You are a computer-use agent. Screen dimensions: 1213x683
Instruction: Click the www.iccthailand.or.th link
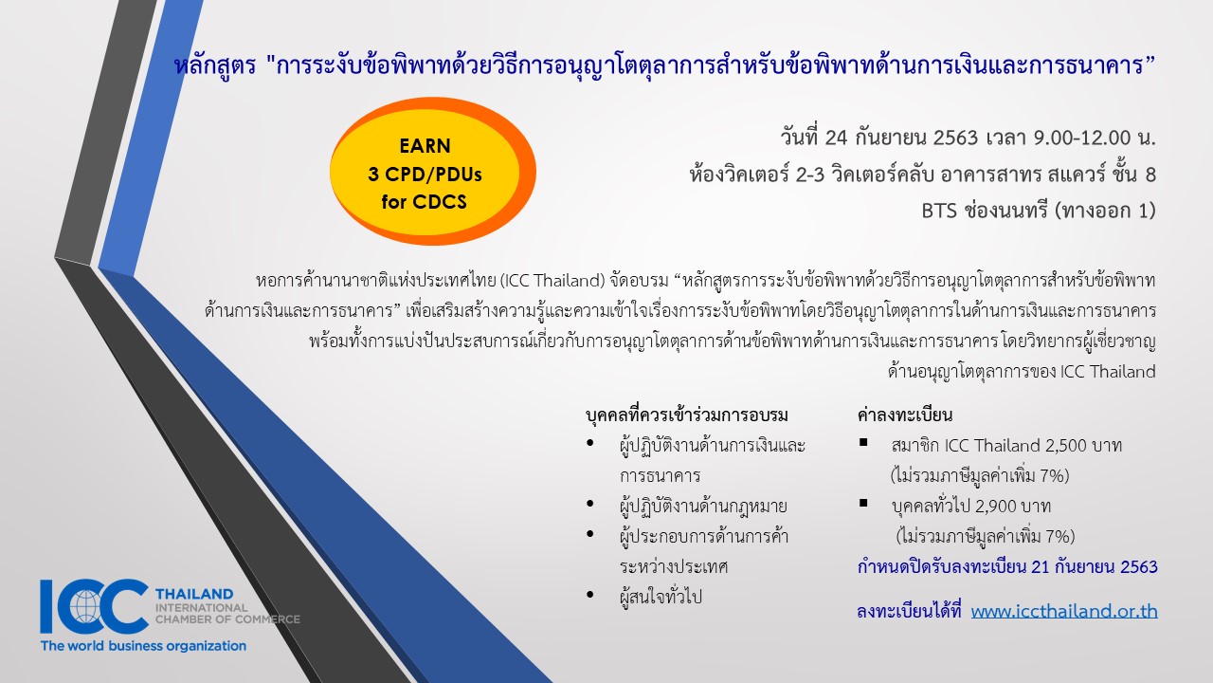point(1064,612)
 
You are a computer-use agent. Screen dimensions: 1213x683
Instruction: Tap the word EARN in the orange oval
point(425,146)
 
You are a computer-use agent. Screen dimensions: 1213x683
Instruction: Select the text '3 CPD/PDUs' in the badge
point(425,175)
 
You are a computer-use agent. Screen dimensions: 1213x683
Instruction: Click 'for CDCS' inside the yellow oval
point(424,202)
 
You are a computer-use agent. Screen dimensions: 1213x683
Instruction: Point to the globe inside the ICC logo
point(85,606)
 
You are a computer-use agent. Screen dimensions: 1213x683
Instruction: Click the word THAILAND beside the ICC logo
point(194,594)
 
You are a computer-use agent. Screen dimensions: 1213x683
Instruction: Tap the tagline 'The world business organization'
point(143,646)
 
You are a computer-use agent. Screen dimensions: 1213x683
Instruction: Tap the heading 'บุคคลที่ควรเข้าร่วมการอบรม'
point(687,415)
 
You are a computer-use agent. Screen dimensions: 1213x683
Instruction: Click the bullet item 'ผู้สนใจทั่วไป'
point(661,597)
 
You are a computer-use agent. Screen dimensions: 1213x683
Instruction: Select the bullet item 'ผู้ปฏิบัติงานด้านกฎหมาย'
point(703,507)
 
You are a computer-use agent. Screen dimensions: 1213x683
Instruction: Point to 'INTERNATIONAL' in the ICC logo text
point(202,608)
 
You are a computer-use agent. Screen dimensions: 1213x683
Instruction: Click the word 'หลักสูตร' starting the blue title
point(215,66)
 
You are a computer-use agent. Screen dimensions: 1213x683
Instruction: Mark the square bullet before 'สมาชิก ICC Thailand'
point(863,442)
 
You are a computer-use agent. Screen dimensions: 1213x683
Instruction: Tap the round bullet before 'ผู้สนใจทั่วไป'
point(590,595)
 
